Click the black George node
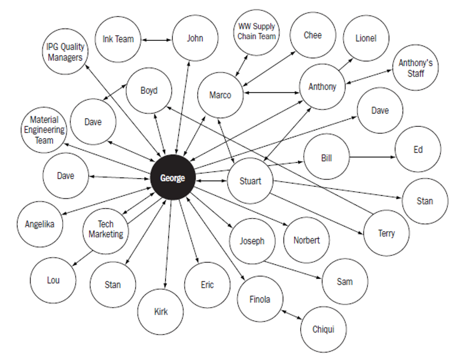point(172,178)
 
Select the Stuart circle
point(250,181)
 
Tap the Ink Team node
point(118,39)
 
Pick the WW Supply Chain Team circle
point(257,32)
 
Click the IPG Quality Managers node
point(65,52)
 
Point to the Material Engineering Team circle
point(44,130)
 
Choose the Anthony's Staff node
point(416,68)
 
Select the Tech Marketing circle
point(106,229)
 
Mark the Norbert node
point(306,240)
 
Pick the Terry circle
point(386,233)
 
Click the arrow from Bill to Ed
point(372,156)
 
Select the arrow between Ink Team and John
point(157,39)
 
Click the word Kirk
point(160,312)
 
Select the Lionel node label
point(366,38)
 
